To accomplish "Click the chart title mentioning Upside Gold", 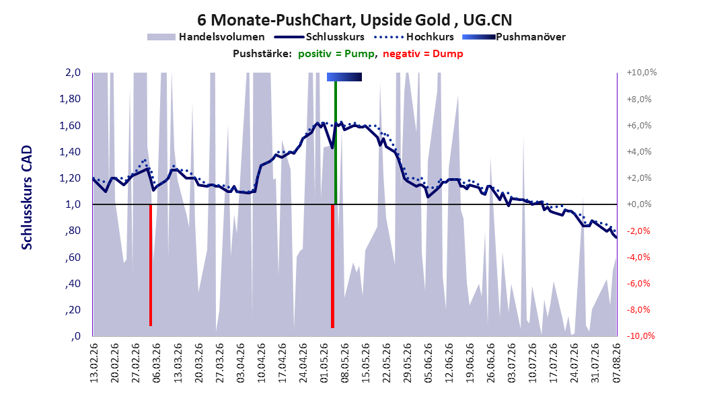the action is coord(354,20).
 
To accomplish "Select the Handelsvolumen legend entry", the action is coord(207,37).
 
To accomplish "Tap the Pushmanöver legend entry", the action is coord(514,37).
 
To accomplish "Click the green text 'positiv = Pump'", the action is coord(336,54).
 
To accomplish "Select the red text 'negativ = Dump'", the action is coord(423,54).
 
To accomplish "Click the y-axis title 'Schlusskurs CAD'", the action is coord(27,197).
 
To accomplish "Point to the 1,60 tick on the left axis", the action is coord(70,125).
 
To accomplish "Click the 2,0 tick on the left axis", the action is coord(73,73).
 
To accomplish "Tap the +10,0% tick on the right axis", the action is coord(642,73).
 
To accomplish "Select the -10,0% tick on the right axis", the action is coord(640,336).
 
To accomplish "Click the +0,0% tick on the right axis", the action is coord(639,204).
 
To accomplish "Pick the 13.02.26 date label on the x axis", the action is coord(94,363).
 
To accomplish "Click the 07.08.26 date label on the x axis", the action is coord(616,363).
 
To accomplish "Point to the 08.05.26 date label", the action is coord(344,363).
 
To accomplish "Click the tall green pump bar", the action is coord(336,143).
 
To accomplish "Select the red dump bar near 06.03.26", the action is coord(151,265).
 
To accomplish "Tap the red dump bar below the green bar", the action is coord(332,266).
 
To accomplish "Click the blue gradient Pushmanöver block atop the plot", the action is coord(344,77).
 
